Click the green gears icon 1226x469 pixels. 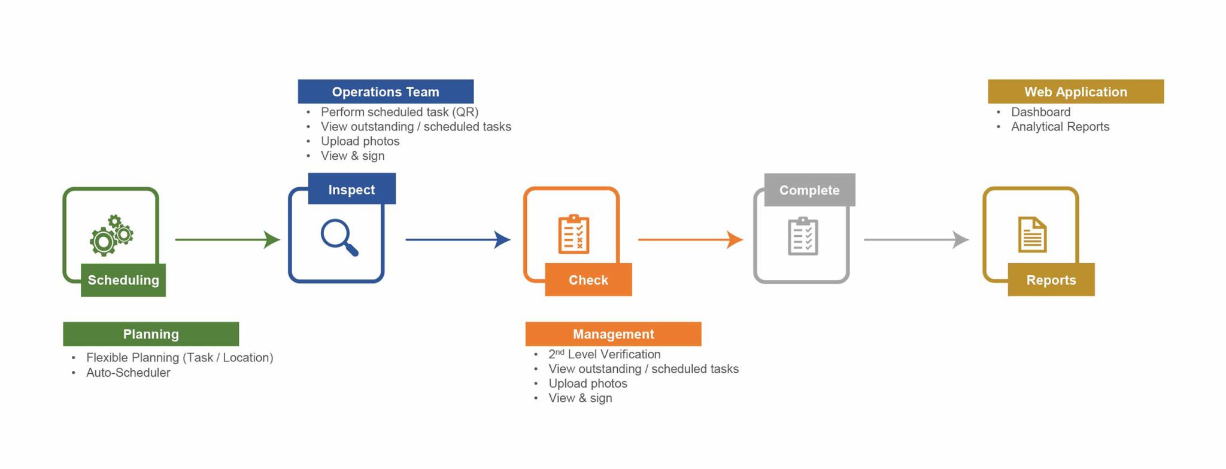pos(111,236)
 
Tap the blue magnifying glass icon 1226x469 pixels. pos(339,237)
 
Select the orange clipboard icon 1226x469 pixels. pos(573,234)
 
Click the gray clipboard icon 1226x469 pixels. pos(803,236)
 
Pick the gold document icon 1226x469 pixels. pos(1032,234)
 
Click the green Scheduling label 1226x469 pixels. pos(123,280)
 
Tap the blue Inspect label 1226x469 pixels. pos(351,190)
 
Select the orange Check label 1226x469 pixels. pos(588,280)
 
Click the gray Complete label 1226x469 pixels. pos(809,190)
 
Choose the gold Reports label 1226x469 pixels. pos(1051,280)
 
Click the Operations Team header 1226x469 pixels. pos(386,92)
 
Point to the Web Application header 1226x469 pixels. pos(1075,92)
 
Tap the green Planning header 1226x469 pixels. pos(151,334)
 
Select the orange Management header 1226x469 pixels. pos(613,334)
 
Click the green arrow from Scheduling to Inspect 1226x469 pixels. pos(227,240)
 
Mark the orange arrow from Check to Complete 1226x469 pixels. pos(690,240)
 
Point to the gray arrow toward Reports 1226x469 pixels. pos(916,240)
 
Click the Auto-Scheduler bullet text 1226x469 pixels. pos(128,373)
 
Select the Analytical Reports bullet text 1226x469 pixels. pos(1060,127)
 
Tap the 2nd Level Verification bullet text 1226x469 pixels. pos(604,354)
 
